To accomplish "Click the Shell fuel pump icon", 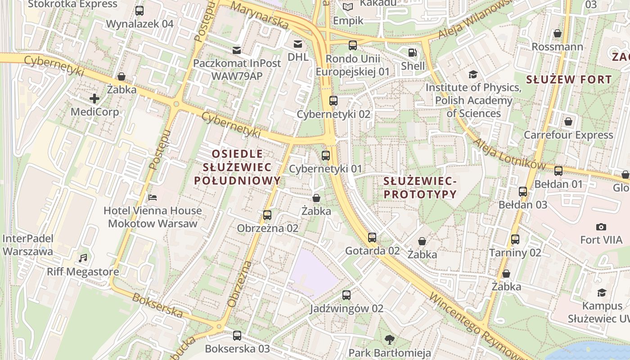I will [412, 53].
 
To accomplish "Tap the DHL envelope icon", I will [297, 44].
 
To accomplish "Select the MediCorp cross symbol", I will [94, 98].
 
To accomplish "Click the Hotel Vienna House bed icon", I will [153, 197].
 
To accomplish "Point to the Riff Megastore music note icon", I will [83, 258].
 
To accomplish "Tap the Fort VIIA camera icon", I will [601, 227].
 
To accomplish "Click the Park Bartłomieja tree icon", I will [390, 339].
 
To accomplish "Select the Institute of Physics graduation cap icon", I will [473, 74].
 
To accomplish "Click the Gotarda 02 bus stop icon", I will [372, 238].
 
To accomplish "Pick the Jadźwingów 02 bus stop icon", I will [346, 295].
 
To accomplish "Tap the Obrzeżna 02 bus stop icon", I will [267, 215].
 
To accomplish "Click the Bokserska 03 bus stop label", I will [237, 349].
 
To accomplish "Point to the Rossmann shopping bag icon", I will [558, 33].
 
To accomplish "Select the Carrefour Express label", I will [568, 135].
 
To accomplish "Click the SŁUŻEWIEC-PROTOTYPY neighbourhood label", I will [420, 188].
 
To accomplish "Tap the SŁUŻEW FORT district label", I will [569, 80].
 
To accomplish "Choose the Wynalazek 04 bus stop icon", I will [139, 11].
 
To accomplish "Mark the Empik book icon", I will [348, 7].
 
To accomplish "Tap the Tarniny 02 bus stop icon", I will [515, 239].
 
